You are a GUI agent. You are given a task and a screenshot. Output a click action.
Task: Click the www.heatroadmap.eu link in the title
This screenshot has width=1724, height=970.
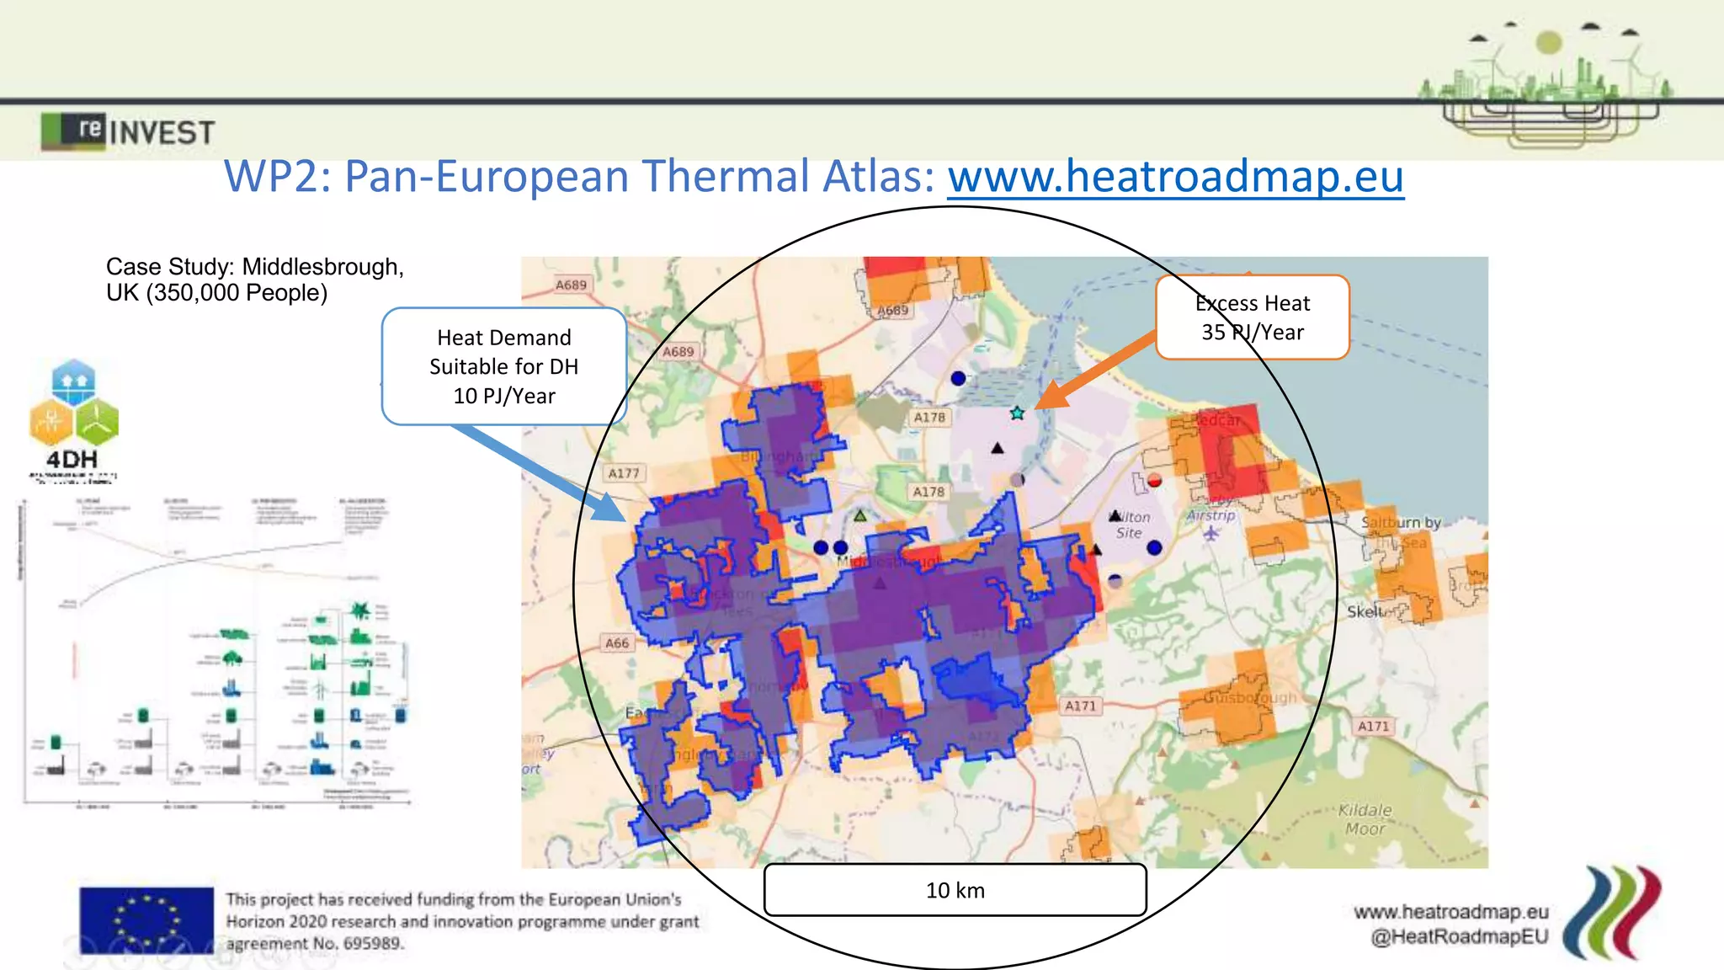[x=1175, y=177]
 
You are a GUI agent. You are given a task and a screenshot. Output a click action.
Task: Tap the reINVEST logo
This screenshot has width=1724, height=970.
[x=128, y=131]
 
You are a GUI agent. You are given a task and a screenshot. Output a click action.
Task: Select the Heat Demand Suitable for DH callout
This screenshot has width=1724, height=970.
[x=504, y=366]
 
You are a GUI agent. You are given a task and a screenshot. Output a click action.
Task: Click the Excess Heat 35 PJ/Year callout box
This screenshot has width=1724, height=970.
[x=1253, y=317]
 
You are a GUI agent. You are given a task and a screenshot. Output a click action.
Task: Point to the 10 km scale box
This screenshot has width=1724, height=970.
[x=955, y=890]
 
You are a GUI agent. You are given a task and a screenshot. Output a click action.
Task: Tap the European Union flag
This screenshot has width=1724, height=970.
[x=146, y=920]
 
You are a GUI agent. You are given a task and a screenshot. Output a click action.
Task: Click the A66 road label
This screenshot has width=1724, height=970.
[x=617, y=643]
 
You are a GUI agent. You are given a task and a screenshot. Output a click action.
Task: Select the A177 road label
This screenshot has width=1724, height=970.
[x=624, y=474]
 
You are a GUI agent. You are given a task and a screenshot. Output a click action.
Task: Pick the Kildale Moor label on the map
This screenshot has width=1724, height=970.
[x=1365, y=819]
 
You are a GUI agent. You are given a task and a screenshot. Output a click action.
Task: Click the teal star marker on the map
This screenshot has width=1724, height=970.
[x=1017, y=413]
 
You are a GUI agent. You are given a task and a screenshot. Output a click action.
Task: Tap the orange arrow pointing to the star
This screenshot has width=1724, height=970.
[x=1094, y=370]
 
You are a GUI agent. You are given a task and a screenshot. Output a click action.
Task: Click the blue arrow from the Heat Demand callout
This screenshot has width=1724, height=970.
[x=539, y=472]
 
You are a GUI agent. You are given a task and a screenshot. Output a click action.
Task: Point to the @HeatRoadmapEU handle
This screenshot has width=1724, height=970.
[x=1459, y=937]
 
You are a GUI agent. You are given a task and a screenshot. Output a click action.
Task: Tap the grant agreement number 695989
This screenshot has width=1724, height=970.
[x=372, y=944]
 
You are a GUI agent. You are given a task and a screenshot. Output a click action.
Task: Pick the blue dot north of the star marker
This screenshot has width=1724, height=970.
[x=958, y=378]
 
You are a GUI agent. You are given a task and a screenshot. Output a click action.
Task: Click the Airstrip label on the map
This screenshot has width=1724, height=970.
[x=1211, y=515]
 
